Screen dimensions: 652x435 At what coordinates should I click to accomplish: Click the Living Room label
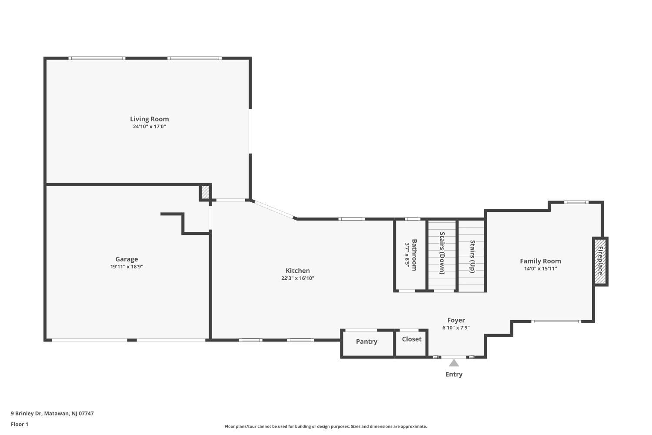[x=150, y=119]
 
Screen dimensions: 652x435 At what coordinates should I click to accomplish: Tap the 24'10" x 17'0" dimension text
[x=150, y=127]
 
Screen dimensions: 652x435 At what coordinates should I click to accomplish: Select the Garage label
[x=126, y=259]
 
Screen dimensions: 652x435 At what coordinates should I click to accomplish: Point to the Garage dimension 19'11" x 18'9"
[x=126, y=267]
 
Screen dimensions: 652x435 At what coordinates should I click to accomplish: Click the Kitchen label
[x=297, y=271]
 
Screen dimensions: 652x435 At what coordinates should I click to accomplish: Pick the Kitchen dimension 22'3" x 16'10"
[x=297, y=278]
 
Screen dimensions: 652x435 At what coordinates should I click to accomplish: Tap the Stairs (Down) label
[x=442, y=253]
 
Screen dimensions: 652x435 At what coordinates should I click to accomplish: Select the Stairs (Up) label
[x=472, y=256]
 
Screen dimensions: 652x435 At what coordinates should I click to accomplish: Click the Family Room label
[x=540, y=261]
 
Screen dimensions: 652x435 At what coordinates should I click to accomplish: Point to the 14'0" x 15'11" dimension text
[x=540, y=269]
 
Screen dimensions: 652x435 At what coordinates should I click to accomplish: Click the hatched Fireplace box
[x=600, y=261]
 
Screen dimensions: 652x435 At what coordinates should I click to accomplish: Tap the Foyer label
[x=456, y=320]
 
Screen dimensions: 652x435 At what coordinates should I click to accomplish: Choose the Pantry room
[x=367, y=343]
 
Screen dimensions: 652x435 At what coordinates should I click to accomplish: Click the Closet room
[x=411, y=343]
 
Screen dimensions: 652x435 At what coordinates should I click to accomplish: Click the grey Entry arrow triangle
[x=454, y=363]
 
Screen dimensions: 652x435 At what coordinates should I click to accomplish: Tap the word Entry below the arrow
[x=454, y=375]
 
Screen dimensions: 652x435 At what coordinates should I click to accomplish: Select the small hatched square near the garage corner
[x=205, y=192]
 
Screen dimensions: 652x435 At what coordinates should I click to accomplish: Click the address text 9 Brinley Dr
[x=27, y=413]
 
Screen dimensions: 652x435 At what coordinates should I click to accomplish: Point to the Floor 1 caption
[x=20, y=424]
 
